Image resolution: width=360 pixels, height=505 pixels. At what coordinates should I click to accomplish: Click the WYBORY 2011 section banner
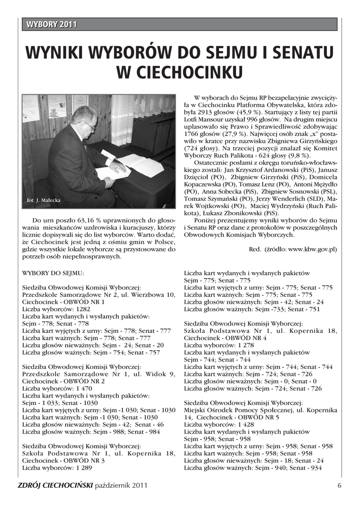coord(52,25)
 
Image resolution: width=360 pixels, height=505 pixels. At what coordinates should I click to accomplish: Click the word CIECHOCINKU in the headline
coord(180,72)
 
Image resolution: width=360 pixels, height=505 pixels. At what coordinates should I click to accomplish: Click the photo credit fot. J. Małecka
coord(44,200)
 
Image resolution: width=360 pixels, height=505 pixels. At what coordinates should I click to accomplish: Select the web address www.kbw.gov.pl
coord(313,250)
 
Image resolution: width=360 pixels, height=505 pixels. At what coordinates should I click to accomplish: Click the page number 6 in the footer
coord(339,485)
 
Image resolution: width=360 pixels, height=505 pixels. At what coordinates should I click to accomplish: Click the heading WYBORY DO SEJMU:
coord(53,273)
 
